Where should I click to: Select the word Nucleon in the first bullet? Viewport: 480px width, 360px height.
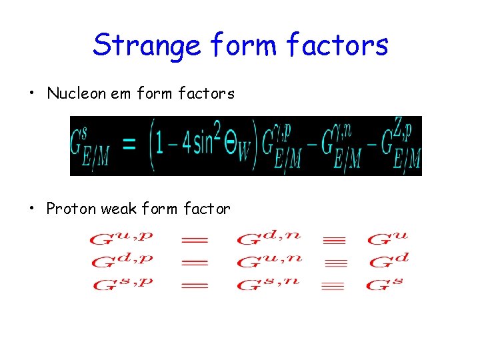(77, 94)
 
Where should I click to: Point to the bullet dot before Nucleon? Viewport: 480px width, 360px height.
(32, 94)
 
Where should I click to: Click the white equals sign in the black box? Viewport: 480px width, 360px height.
(130, 145)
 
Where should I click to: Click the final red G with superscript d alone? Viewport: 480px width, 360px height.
(387, 261)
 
